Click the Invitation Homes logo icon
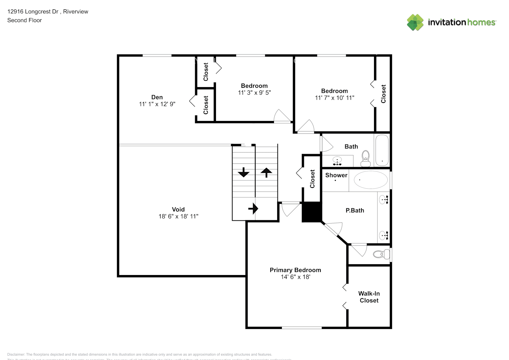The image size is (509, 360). pyautogui.click(x=415, y=22)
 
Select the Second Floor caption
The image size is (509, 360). pyautogui.click(x=24, y=21)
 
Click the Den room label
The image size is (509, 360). pyautogui.click(x=157, y=97)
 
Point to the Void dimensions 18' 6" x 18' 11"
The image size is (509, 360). pyautogui.click(x=178, y=216)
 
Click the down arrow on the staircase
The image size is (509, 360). pyautogui.click(x=244, y=172)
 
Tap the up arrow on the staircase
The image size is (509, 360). pyautogui.click(x=266, y=172)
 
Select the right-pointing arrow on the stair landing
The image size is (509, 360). pyautogui.click(x=253, y=208)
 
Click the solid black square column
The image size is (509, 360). pyautogui.click(x=311, y=212)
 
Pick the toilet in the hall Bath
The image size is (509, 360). pyautogui.click(x=365, y=159)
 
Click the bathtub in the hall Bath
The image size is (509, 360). pyautogui.click(x=382, y=150)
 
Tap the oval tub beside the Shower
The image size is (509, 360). pyautogui.click(x=371, y=180)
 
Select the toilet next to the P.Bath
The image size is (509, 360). pyautogui.click(x=380, y=255)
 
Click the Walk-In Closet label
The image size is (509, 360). pyautogui.click(x=369, y=297)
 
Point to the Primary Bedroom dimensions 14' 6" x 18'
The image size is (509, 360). pyautogui.click(x=295, y=277)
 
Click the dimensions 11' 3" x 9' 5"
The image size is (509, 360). pyautogui.click(x=254, y=93)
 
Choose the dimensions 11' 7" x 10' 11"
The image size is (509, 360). pyautogui.click(x=334, y=98)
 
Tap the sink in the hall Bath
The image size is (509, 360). pyautogui.click(x=337, y=161)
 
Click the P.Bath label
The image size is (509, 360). pyautogui.click(x=355, y=211)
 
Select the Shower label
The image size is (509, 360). pyautogui.click(x=336, y=175)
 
